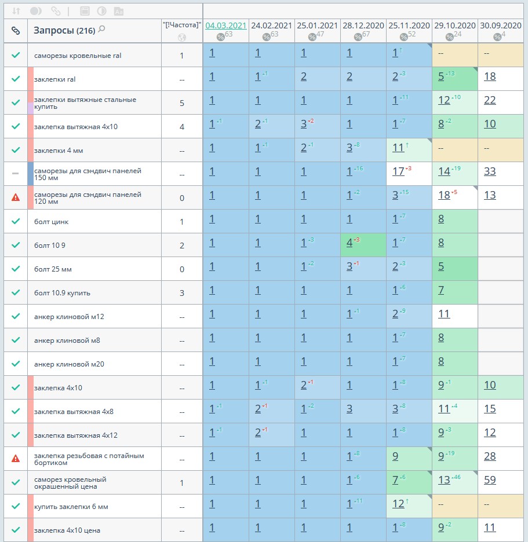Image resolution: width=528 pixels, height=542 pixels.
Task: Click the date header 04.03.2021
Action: coord(226,25)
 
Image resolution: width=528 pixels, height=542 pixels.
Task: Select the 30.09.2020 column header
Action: coord(501,25)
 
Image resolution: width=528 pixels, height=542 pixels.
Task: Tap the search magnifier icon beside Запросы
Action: coord(102,29)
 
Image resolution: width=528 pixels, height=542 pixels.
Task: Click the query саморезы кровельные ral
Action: coord(78,56)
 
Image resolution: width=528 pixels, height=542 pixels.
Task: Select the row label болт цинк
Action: coord(52,222)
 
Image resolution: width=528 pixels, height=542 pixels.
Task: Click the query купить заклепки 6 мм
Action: coord(71,507)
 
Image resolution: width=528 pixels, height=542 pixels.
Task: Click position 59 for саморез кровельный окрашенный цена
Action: coord(490,479)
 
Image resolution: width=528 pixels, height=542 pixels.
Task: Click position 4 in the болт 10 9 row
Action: coord(349,243)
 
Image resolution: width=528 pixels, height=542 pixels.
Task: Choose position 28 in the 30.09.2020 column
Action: coord(490,456)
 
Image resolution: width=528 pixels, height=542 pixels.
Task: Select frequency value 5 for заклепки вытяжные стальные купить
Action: coord(182,103)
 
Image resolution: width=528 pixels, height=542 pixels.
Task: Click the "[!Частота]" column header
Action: coord(182,25)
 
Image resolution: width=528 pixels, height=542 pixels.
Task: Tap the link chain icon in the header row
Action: coord(16,31)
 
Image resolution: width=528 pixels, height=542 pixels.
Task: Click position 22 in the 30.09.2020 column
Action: coord(490,100)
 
